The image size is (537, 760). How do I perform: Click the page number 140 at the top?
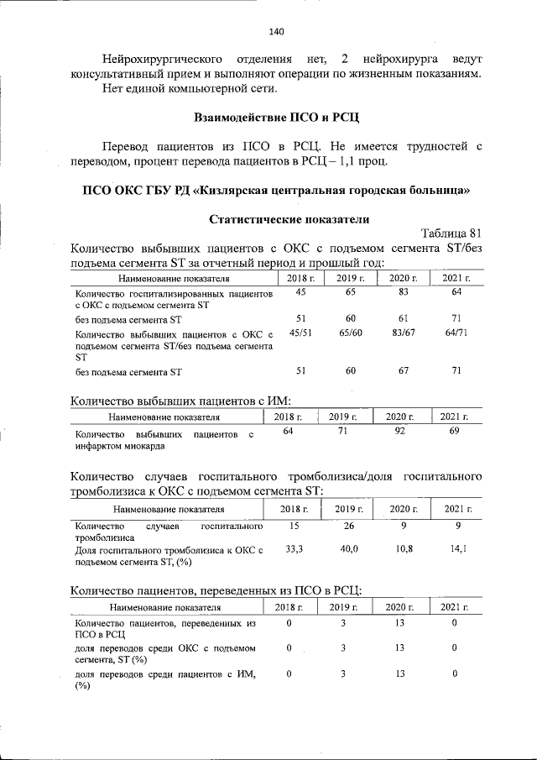277,33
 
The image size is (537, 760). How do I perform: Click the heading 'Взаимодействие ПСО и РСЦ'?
277,115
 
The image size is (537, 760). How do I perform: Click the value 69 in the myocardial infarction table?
454,431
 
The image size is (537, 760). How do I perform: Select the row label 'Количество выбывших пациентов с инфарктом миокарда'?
164,440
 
